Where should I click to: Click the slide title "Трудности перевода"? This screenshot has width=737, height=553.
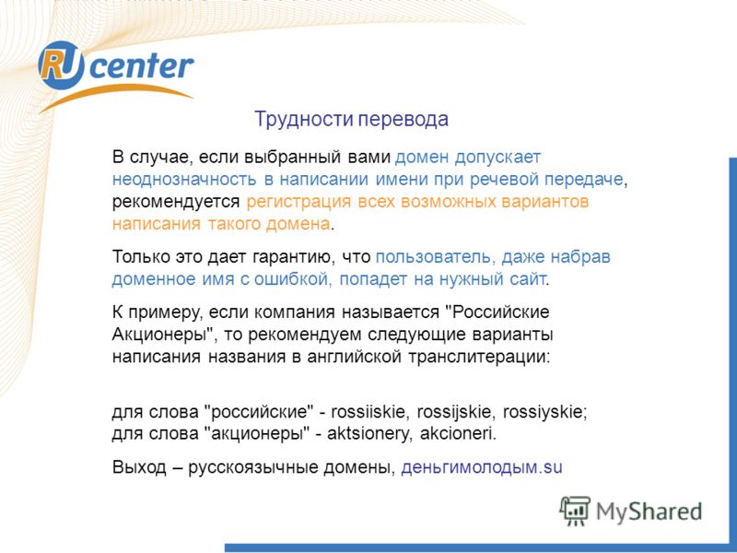[351, 120]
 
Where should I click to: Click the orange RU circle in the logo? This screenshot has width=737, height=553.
[62, 65]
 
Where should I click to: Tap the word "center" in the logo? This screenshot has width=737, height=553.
[141, 65]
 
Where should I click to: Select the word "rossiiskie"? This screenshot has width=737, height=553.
[368, 412]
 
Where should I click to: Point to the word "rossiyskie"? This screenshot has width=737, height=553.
[544, 412]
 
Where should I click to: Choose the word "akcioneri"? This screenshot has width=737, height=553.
[456, 433]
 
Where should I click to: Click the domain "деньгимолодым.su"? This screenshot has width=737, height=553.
[481, 467]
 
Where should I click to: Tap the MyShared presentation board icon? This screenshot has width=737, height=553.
[574, 511]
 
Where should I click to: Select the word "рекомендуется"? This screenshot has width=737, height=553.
[176, 202]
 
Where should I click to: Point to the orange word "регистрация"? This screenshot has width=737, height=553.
[298, 202]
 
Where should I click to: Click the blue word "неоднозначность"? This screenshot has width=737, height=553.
[184, 180]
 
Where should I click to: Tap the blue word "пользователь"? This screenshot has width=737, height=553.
[435, 257]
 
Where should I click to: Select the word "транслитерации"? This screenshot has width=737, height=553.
[478, 358]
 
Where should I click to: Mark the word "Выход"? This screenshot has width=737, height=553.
[139, 467]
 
